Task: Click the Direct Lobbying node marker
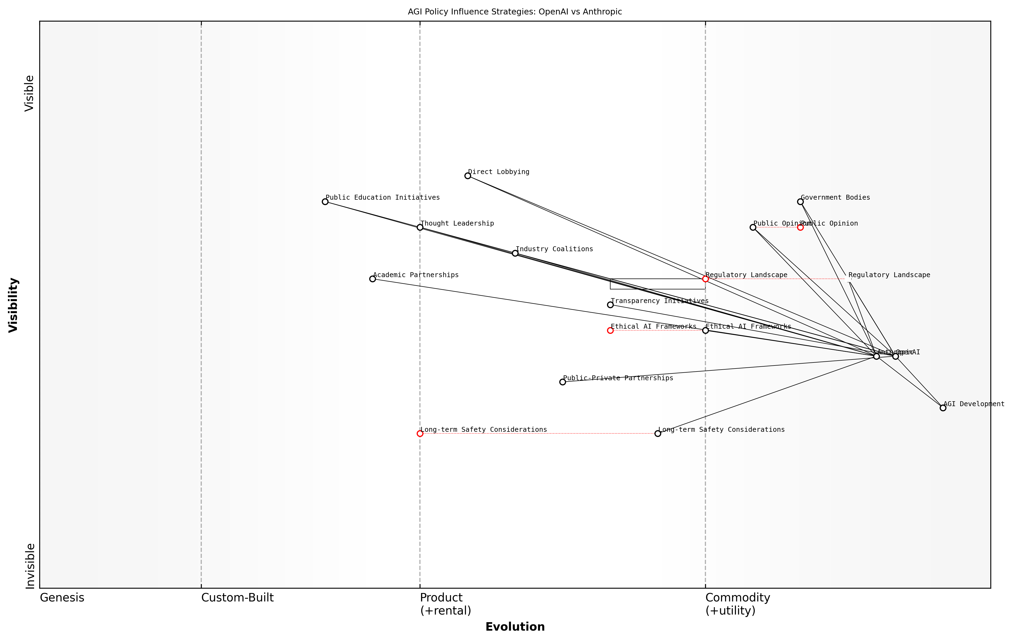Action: tap(467, 175)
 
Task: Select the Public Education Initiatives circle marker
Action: tap(325, 202)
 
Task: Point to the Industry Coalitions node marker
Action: tap(515, 253)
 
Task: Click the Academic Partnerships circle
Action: tap(372, 278)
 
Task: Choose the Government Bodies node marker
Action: tap(800, 202)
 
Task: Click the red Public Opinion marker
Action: tap(800, 227)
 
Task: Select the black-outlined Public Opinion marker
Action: tap(753, 227)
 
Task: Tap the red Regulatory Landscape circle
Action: tap(705, 278)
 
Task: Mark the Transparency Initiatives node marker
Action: tap(610, 305)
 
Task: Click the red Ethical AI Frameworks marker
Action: tap(610, 330)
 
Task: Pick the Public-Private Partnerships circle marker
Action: tap(563, 382)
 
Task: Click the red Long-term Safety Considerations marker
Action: tap(420, 433)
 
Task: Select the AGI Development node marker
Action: tap(943, 408)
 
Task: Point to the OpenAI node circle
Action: tap(895, 356)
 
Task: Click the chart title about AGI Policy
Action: tap(515, 12)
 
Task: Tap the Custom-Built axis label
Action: tap(237, 598)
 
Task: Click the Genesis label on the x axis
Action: tap(62, 598)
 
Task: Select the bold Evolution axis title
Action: tap(515, 627)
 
